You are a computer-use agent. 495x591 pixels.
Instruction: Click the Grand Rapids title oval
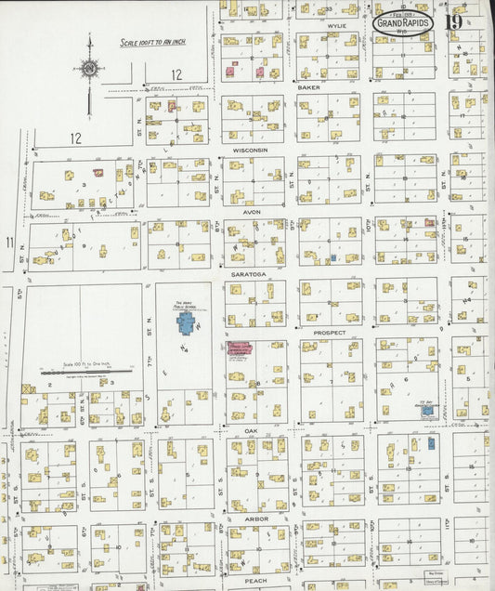pos(404,24)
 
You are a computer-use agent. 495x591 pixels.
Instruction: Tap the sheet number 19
pos(454,23)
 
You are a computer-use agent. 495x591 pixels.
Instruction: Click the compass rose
pos(89,68)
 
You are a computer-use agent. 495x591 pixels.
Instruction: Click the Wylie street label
pos(335,26)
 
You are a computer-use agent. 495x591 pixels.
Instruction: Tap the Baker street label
pos(309,86)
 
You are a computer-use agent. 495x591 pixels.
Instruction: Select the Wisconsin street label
pos(251,150)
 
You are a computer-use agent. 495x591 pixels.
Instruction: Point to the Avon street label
pos(251,212)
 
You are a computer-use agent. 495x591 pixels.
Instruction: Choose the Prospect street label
pos(329,332)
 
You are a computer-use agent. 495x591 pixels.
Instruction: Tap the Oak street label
pos(251,430)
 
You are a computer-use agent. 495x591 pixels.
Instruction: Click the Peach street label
pos(255,580)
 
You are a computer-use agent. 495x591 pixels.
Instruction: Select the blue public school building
pos(186,323)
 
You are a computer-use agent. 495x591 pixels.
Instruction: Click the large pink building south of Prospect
pos(243,349)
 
